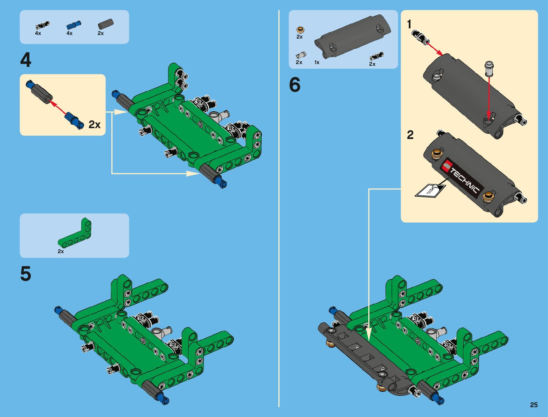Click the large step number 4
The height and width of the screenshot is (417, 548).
click(26, 60)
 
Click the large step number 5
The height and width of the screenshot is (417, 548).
click(26, 274)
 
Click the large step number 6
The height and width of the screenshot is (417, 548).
click(294, 85)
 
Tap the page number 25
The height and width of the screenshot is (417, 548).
click(534, 405)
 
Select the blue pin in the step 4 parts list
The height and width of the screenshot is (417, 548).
click(74, 25)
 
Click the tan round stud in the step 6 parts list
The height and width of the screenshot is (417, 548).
click(300, 30)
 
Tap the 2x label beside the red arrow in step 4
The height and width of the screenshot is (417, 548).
click(95, 124)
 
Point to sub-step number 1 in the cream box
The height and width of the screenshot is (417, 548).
click(409, 25)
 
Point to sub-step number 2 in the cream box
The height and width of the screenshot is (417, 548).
click(410, 135)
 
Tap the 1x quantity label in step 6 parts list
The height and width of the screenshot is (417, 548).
click(317, 62)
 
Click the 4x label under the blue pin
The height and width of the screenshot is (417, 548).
click(69, 33)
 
